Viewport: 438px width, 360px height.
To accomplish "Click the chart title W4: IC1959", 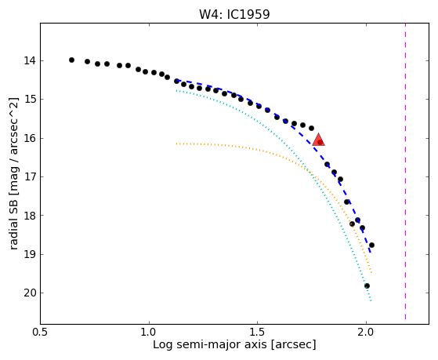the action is pos(234,14).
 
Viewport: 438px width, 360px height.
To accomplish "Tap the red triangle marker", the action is pos(318,140).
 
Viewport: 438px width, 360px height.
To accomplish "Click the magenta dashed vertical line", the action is pos(405,171).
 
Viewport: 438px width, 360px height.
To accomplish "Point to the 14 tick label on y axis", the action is pos(30,60).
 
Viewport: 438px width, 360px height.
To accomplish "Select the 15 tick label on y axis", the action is pos(30,100).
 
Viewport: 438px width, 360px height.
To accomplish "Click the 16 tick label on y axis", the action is pos(30,138).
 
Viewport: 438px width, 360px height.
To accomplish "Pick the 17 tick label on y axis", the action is pos(30,176).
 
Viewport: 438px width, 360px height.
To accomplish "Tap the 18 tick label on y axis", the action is pos(30,216).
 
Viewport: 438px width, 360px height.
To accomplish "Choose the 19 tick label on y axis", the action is pos(30,254).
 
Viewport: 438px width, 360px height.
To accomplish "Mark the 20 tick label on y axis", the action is pos(30,293).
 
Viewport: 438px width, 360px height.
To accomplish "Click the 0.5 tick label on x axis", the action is pos(41,333).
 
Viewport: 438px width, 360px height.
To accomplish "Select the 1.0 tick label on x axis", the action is pos(149,333).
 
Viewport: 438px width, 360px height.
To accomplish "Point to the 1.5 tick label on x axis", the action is pos(258,333).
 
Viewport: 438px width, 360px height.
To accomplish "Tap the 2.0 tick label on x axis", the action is pos(366,333).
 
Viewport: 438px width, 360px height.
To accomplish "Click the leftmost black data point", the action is pos(71,60).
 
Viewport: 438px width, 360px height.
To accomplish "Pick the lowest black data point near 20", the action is pos(367,285).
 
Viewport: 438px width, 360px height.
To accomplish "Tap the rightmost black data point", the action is pos(371,245).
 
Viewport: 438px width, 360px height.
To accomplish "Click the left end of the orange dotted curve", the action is pos(176,144).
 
